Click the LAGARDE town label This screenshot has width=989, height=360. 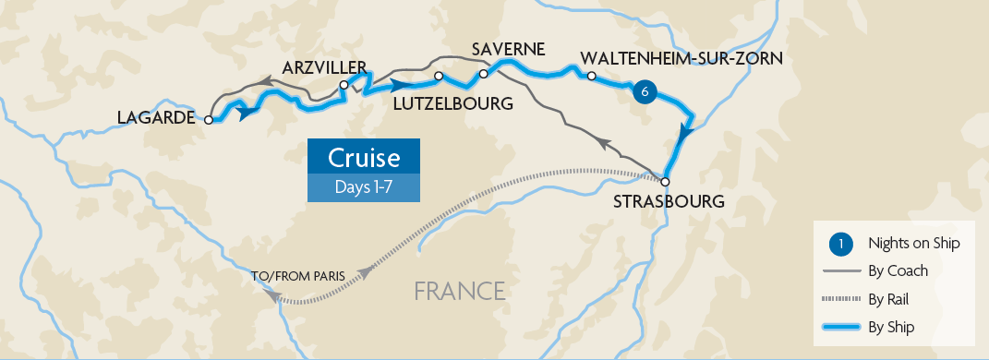156,117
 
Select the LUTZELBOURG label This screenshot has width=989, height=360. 453,104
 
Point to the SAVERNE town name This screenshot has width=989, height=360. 508,48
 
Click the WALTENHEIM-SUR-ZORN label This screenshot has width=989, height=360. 682,58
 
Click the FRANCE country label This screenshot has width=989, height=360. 459,291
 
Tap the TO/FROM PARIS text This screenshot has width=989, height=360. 297,276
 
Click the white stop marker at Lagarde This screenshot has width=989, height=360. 210,120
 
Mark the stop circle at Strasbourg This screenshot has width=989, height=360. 664,182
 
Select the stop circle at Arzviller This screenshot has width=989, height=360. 344,85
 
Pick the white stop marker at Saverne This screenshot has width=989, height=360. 483,74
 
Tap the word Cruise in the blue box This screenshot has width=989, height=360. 364,156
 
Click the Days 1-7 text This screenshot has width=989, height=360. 364,187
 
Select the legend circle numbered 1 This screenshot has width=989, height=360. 841,244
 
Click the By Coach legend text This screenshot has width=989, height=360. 898,270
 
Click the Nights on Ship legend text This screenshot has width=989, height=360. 913,244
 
